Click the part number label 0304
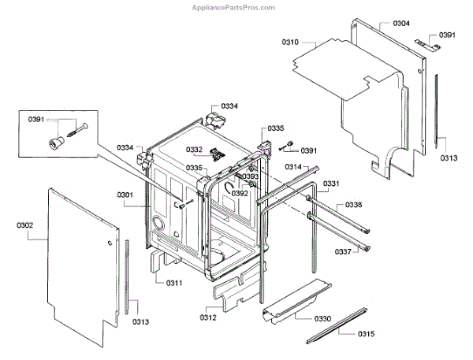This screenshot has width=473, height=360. click(401, 24)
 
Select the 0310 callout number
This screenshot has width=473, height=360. click(292, 42)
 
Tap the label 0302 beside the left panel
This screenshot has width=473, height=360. click(24, 226)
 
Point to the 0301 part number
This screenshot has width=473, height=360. click(125, 195)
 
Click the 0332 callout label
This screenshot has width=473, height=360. click(194, 149)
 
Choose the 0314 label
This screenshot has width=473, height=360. click(293, 167)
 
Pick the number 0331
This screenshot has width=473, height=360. click(331, 184)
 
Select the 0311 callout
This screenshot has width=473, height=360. click(173, 282)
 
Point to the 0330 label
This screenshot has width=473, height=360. click(322, 317)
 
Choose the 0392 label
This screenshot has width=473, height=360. click(240, 193)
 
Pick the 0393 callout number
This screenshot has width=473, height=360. click(251, 176)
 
